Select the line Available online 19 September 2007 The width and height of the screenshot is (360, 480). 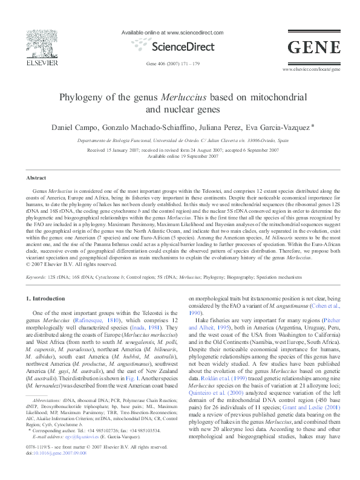click(x=180, y=155)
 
